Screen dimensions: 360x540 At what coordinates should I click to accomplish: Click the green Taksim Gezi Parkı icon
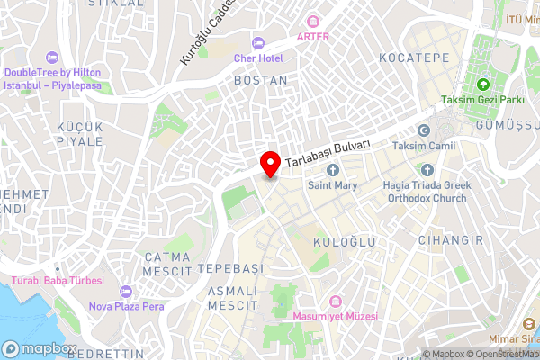point(483,85)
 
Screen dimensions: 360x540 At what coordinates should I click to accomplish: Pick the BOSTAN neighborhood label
point(260,80)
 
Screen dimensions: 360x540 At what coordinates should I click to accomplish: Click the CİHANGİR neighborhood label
point(450,240)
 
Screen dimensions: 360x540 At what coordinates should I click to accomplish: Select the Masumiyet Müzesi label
point(336,317)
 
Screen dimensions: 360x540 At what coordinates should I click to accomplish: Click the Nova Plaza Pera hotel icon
point(124,292)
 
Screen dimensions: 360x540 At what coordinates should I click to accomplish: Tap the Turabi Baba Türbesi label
point(58,281)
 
